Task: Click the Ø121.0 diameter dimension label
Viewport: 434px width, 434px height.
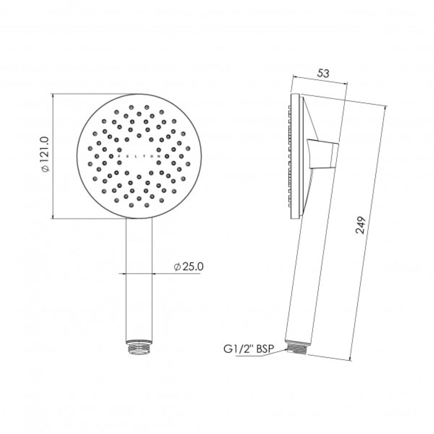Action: pyautogui.click(x=46, y=154)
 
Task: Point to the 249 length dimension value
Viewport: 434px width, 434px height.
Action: pyautogui.click(x=361, y=225)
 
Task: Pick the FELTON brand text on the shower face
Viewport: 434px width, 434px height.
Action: pyautogui.click(x=139, y=156)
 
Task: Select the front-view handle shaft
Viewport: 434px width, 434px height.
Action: pyautogui.click(x=139, y=279)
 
